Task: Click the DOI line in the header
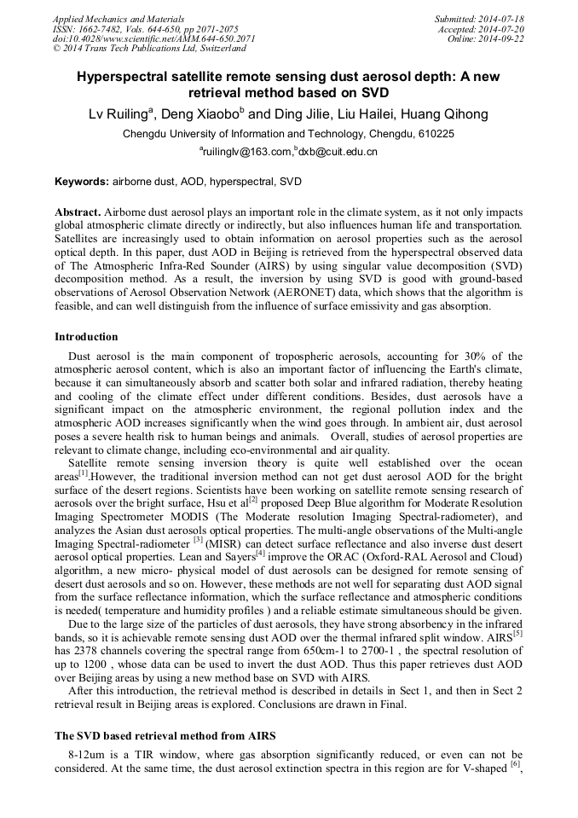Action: [154, 38]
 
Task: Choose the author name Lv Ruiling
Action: [120, 114]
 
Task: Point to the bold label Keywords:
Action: [82, 182]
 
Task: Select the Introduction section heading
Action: [86, 337]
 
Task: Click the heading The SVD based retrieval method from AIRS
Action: [165, 735]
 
